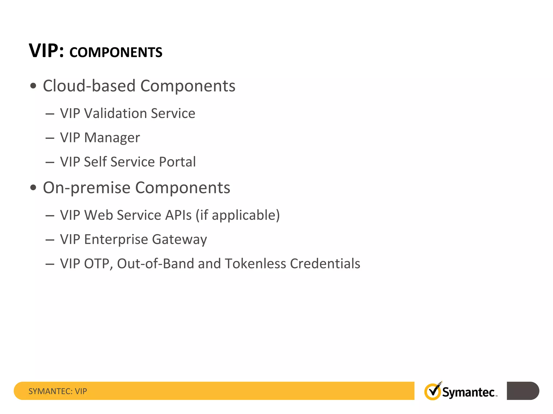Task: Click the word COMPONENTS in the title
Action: tap(116, 52)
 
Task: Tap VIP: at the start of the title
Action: tap(46, 51)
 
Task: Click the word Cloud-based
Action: tap(89, 86)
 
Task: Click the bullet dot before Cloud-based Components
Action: tap(33, 86)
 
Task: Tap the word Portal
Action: tap(177, 162)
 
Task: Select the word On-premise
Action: tap(86, 188)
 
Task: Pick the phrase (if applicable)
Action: tap(238, 215)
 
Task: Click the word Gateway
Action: tap(179, 240)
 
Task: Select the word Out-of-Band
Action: tap(155, 264)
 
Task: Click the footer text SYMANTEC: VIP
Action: tap(58, 391)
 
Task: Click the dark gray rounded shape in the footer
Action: tap(522, 391)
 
